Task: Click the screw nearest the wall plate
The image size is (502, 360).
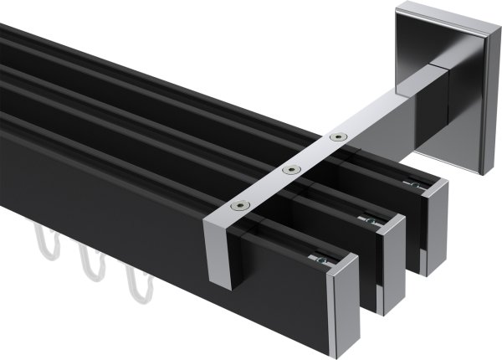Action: [x=337, y=136]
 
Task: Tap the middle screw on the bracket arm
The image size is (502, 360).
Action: [x=290, y=170]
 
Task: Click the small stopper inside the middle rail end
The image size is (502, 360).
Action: [x=373, y=221]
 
